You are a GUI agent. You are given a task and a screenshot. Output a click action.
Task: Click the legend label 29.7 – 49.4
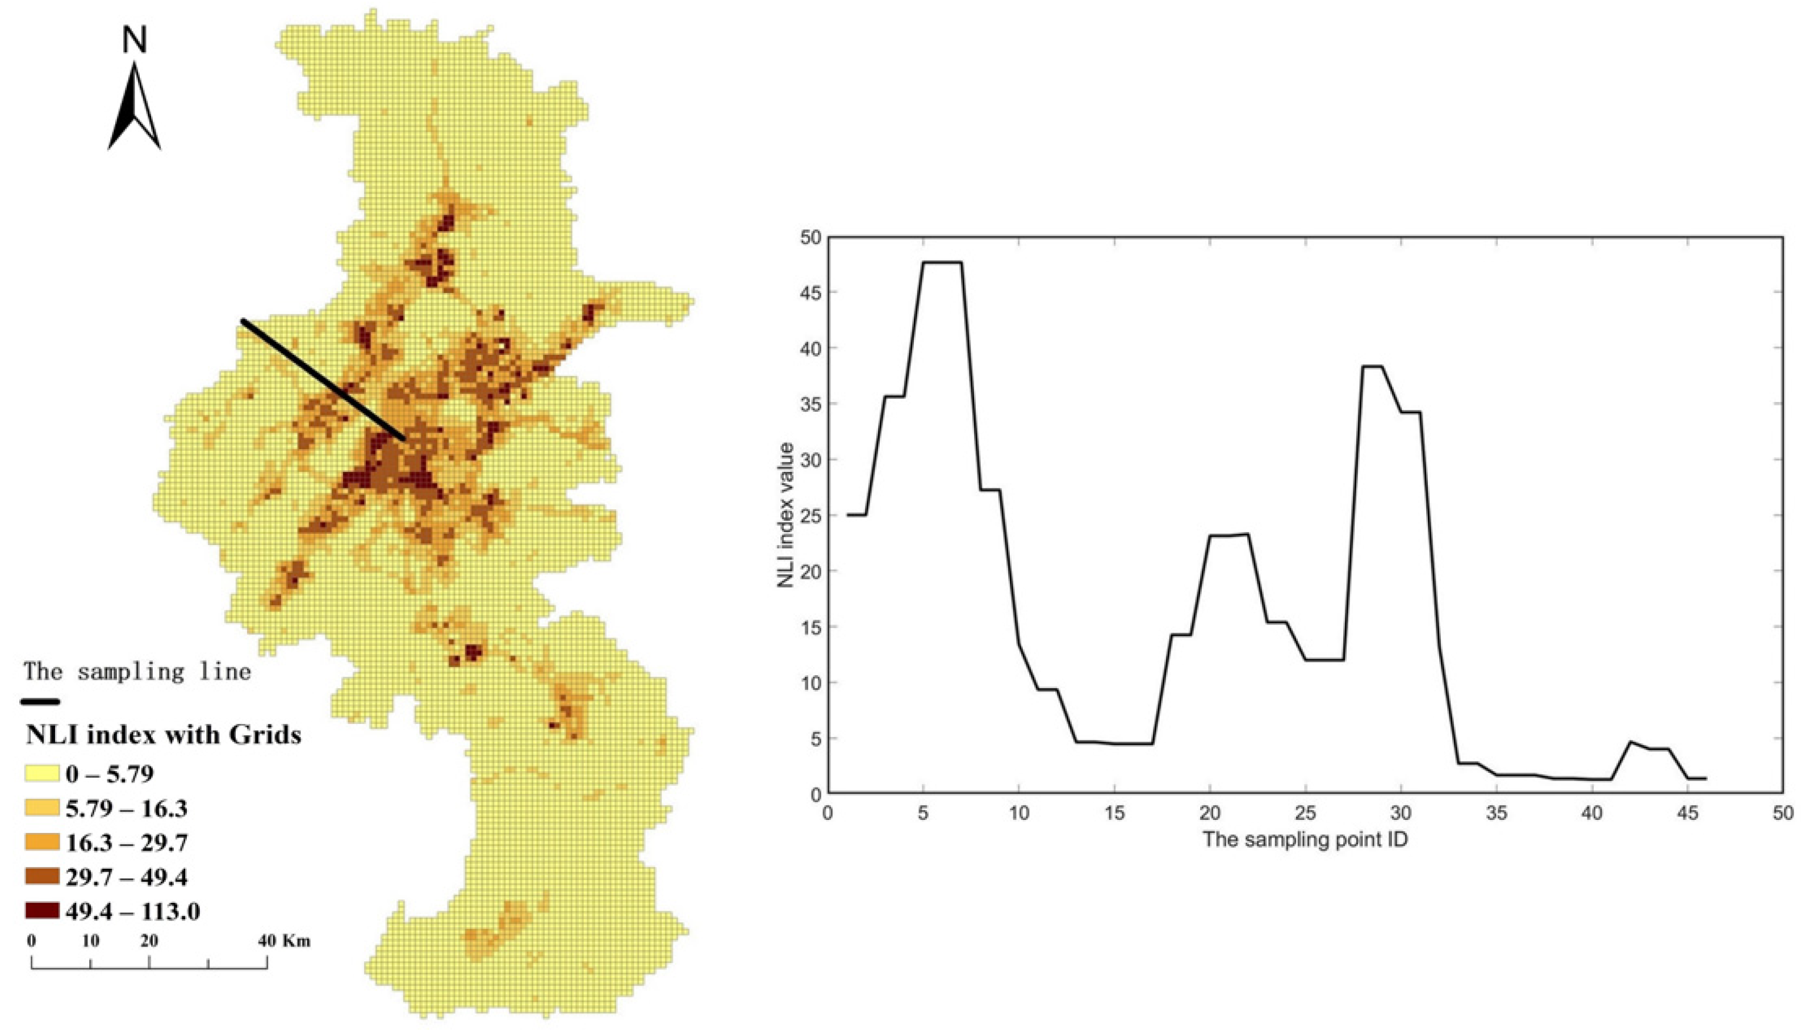click(x=127, y=877)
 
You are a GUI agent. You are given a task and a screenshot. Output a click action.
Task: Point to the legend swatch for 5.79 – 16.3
click(x=41, y=809)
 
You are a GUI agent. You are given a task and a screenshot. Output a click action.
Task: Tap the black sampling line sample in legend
click(x=40, y=702)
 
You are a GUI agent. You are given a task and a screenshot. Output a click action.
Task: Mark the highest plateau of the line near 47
click(x=942, y=262)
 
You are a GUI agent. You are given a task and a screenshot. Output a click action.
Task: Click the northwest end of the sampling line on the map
click(x=243, y=321)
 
